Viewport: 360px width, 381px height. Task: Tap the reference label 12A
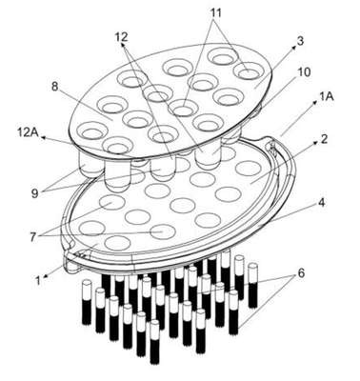tap(28, 132)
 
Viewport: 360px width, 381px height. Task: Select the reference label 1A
tap(327, 96)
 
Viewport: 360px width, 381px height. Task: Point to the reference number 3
tap(300, 41)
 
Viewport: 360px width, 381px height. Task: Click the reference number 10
tap(304, 71)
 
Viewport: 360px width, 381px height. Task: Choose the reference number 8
tap(55, 87)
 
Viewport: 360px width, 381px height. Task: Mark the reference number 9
tap(34, 193)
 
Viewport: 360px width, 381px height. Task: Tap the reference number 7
tap(32, 237)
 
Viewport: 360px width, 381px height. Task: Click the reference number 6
tap(301, 272)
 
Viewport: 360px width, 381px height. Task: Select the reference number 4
tap(322, 203)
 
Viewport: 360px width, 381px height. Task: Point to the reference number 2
tap(324, 139)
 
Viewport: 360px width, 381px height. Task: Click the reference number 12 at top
tap(121, 37)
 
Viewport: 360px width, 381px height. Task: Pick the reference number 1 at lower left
tap(38, 281)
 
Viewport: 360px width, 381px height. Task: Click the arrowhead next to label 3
tap(294, 48)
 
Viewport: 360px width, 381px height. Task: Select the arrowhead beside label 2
tap(315, 144)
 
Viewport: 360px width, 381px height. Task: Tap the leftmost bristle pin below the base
tap(87, 302)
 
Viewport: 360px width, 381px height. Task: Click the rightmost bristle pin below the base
tap(252, 285)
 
